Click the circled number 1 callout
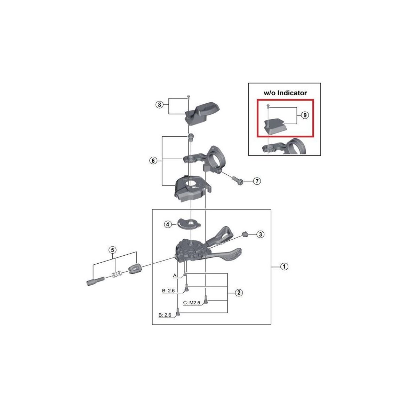(x=284, y=266)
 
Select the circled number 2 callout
(x=239, y=293)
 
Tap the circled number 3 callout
(x=260, y=234)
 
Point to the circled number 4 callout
(x=168, y=224)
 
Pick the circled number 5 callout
(x=112, y=250)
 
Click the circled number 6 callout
(x=153, y=161)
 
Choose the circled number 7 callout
(x=257, y=181)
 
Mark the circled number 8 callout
(x=159, y=105)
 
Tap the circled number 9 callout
(x=305, y=115)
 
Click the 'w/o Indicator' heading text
(x=285, y=93)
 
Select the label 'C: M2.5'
(x=192, y=303)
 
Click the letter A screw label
(x=175, y=275)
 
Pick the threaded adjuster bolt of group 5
(x=95, y=281)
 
